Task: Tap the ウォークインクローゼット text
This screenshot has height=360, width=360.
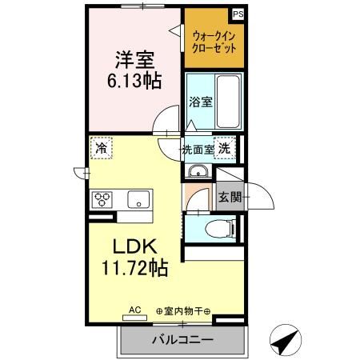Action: [212, 41]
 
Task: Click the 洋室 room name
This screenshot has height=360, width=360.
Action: [135, 60]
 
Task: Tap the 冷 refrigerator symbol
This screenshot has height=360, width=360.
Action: [101, 148]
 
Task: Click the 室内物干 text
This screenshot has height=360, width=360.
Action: [183, 311]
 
